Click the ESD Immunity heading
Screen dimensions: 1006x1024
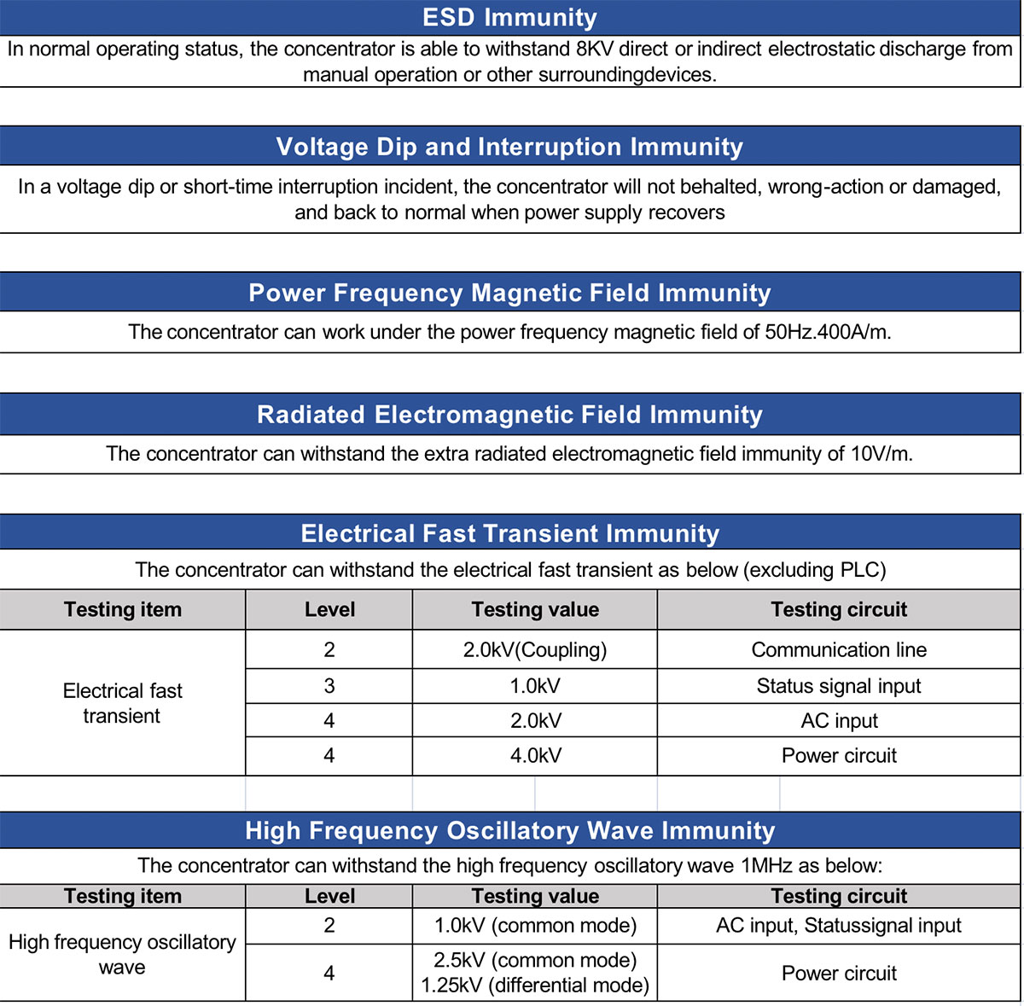tap(510, 17)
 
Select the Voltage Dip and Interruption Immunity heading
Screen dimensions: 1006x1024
tap(510, 147)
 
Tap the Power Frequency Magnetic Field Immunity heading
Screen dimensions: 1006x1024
tap(510, 293)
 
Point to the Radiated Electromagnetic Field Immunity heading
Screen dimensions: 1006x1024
tap(510, 415)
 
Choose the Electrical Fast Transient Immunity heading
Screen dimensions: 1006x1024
tap(510, 533)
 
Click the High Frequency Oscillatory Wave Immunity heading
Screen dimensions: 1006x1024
tap(510, 830)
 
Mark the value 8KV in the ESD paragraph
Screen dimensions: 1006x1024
tap(595, 49)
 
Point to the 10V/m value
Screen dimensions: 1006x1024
tap(880, 453)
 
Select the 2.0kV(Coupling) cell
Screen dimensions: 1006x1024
tap(535, 650)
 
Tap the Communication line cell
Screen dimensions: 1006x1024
tap(839, 650)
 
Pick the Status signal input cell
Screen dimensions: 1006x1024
tap(839, 686)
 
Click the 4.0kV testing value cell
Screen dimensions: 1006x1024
tap(535, 756)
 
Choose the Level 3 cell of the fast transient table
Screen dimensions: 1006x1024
tap(329, 686)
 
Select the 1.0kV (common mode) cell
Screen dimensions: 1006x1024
tap(535, 926)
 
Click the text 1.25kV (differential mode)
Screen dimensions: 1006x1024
tap(535, 986)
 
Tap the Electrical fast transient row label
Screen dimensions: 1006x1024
tap(122, 703)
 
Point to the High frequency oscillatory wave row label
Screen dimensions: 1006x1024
tap(122, 955)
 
